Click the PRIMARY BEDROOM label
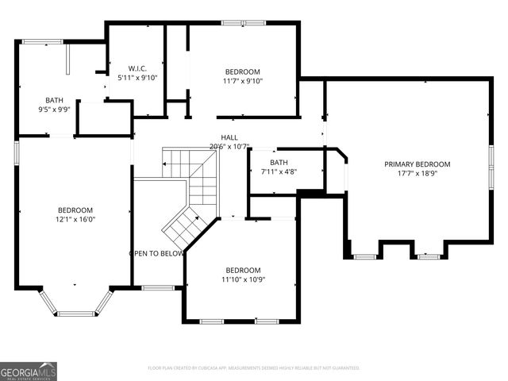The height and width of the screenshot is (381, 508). point(417,164)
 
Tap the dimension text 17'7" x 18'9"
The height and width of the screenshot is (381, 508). point(417,174)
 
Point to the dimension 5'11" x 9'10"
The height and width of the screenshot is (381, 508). point(137,78)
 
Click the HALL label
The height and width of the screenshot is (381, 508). point(229,137)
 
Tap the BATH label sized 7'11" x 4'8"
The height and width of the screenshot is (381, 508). point(279,162)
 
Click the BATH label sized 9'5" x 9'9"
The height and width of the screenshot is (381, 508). point(54,100)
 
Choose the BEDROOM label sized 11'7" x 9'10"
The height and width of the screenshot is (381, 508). point(242,71)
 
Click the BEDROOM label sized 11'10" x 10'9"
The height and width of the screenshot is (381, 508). point(242,270)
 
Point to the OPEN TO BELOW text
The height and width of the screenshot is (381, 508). point(156,254)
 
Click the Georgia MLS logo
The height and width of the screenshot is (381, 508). point(29,371)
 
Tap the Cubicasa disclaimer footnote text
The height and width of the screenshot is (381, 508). point(254,368)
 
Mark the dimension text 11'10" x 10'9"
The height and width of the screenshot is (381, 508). point(242,279)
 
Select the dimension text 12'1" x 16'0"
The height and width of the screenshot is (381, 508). point(75,219)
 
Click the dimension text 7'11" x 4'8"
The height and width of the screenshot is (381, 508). point(279,171)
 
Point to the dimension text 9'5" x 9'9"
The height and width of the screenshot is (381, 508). point(54,110)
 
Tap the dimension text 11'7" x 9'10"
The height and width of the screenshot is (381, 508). point(242,81)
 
